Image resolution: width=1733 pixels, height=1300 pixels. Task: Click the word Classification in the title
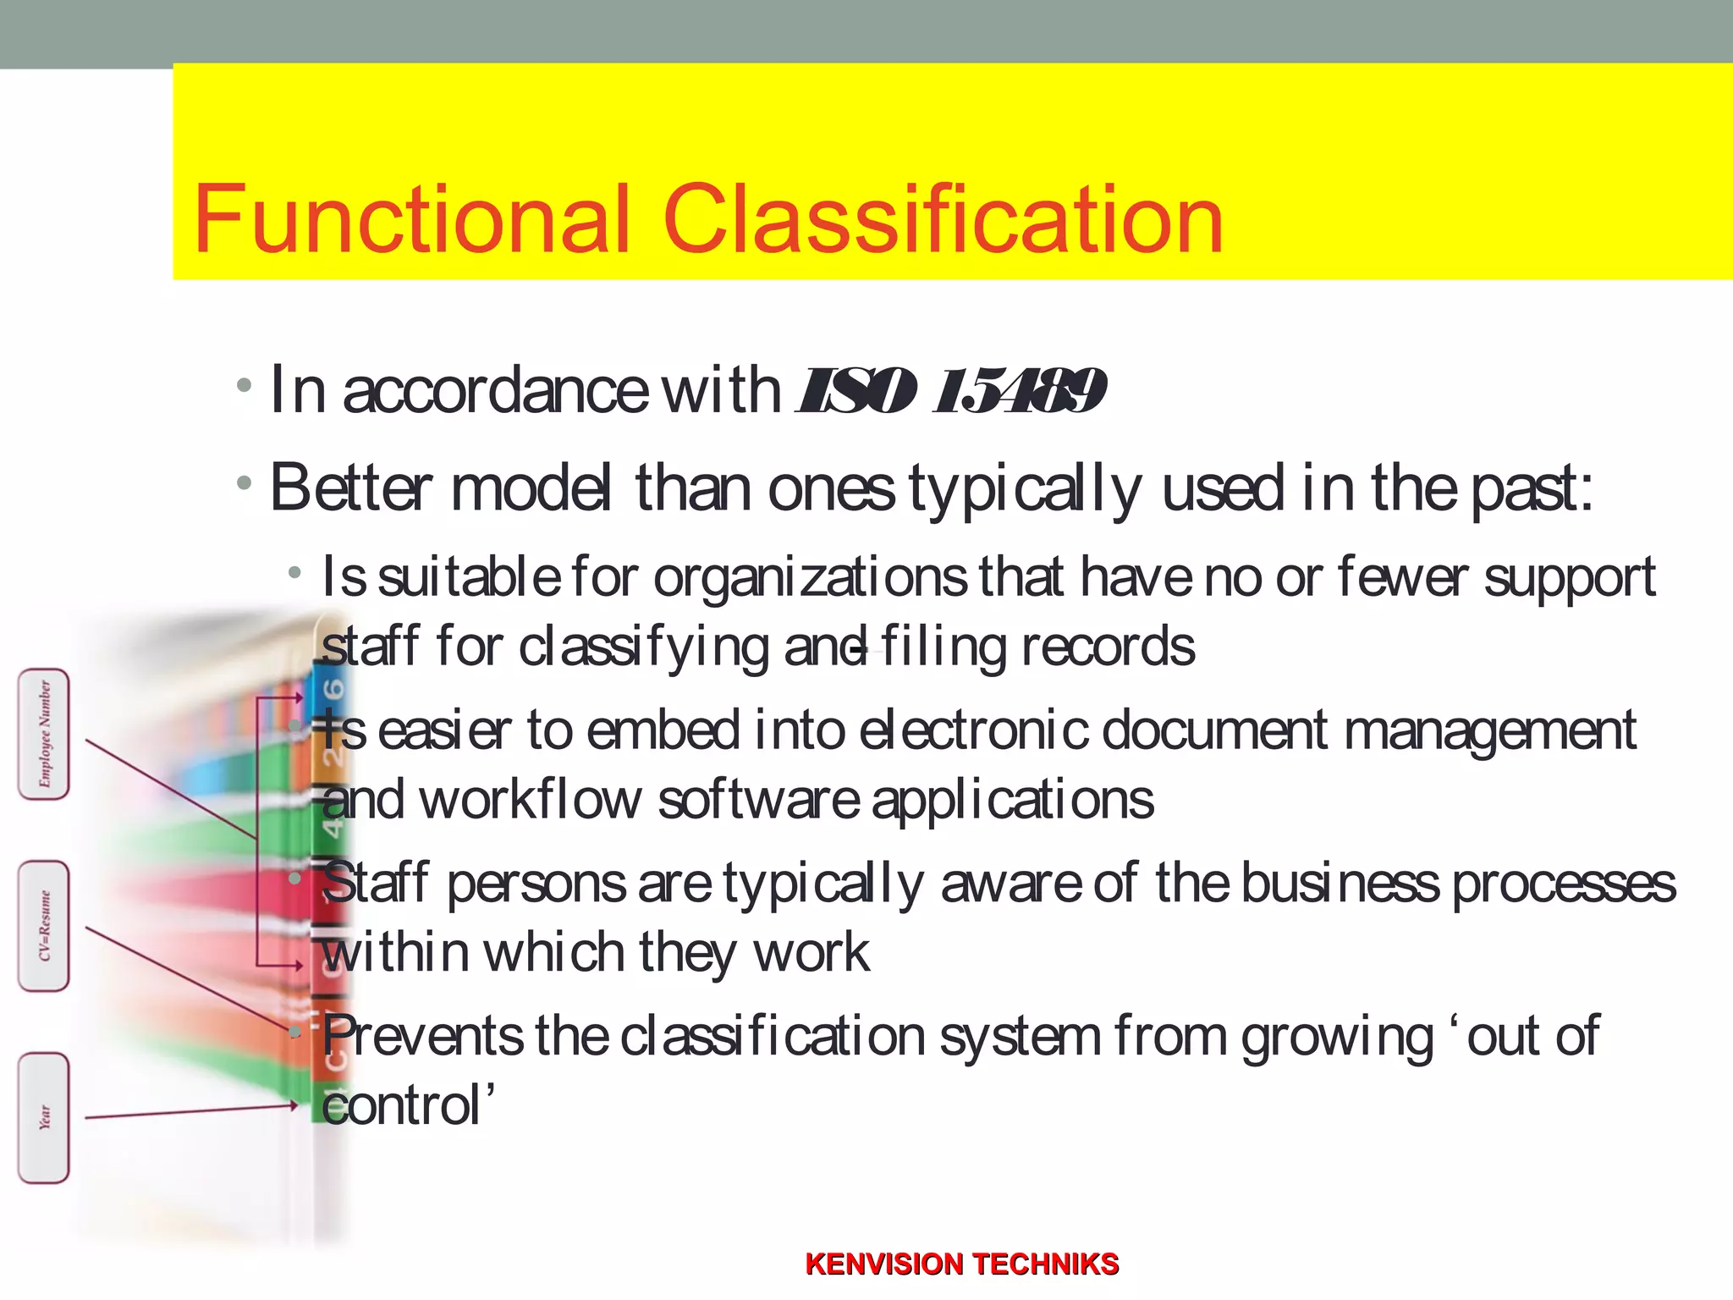pos(943,219)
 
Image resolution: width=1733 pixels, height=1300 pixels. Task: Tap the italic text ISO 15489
pos(951,391)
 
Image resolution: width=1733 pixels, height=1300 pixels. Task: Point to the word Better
pos(351,488)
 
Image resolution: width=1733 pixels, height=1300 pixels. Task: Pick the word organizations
pos(810,578)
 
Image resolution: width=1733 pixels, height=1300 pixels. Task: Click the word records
pos(1108,647)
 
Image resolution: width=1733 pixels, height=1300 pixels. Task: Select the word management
pos(1489,731)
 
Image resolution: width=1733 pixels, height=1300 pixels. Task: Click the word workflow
pos(531,800)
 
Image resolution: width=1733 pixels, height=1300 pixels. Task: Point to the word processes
pos(1564,884)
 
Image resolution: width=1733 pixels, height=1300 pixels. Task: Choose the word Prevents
pos(423,1036)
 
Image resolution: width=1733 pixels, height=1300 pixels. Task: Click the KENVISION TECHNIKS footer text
pos(962,1264)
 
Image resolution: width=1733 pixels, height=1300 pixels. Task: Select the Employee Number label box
pos(44,734)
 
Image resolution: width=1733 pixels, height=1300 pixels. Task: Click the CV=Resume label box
pos(44,926)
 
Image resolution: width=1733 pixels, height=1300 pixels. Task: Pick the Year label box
pos(44,1117)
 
